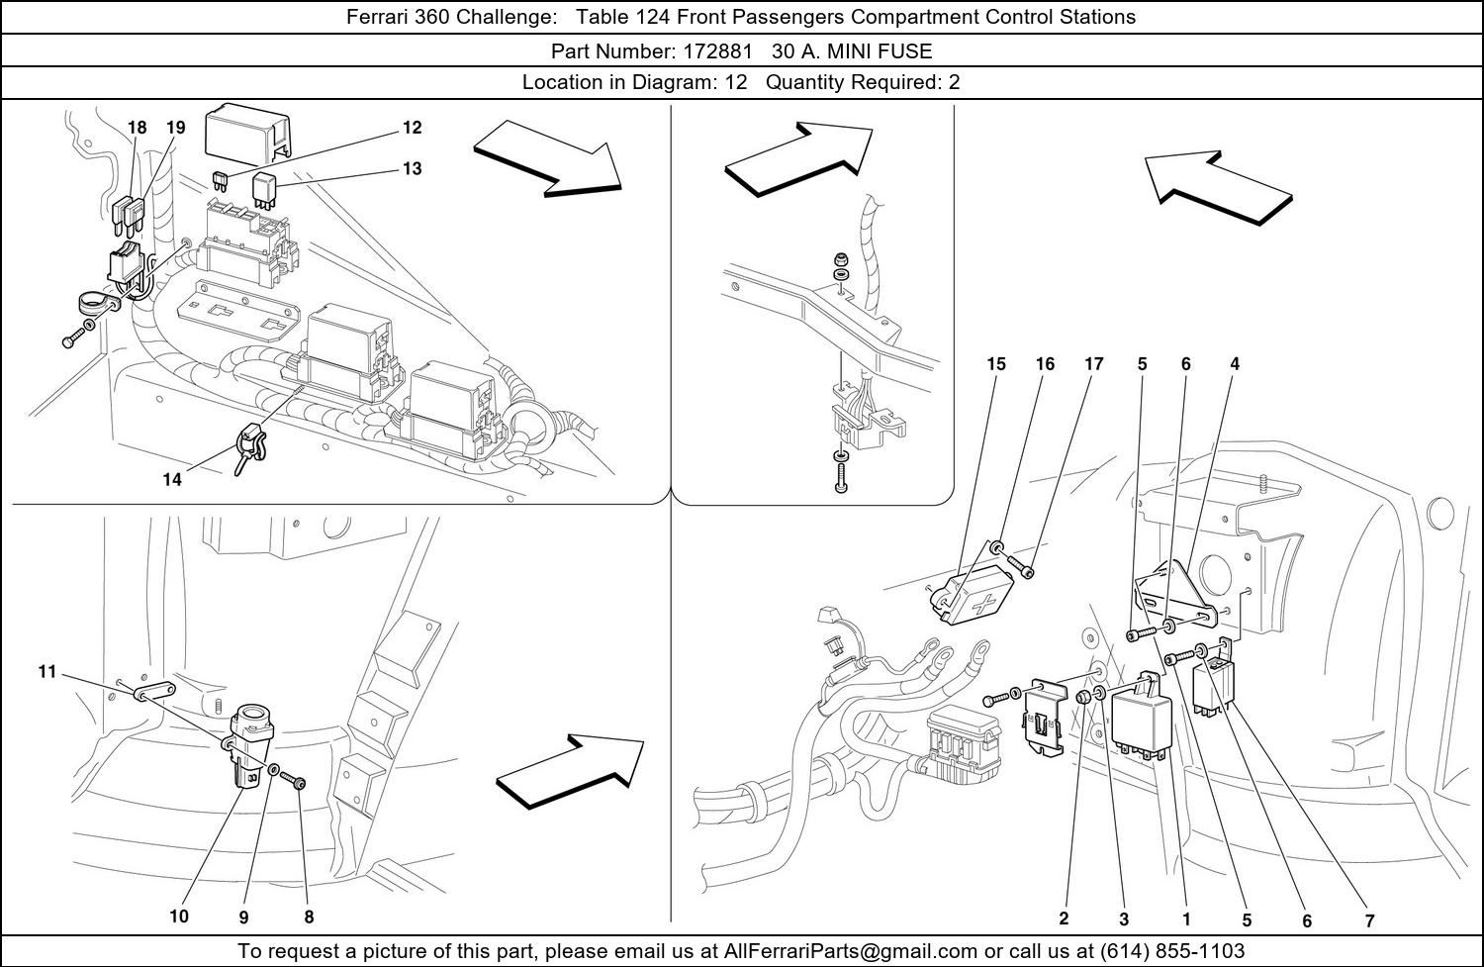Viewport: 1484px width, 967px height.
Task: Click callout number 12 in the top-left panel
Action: [x=413, y=128]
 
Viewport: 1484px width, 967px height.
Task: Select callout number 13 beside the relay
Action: [x=413, y=169]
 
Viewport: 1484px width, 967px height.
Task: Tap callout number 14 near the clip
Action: [x=172, y=479]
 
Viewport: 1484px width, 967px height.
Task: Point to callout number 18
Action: [x=138, y=128]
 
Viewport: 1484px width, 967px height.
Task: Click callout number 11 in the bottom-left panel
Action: [x=47, y=672]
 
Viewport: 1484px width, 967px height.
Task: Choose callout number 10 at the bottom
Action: [x=179, y=917]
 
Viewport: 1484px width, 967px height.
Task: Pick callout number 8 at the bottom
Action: [x=309, y=918]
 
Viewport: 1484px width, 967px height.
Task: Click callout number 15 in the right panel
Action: [x=995, y=364]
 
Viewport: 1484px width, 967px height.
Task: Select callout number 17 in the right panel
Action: [x=1094, y=364]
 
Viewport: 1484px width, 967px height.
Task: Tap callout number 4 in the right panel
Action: [x=1235, y=364]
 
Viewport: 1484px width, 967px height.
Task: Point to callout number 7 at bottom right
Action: [x=1370, y=920]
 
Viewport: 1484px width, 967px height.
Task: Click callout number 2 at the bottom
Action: [x=1064, y=919]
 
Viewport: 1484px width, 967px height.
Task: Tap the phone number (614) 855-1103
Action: [x=1172, y=951]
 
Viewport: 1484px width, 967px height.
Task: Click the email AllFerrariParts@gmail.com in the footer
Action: [x=850, y=951]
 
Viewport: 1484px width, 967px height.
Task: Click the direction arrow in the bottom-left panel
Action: [x=571, y=771]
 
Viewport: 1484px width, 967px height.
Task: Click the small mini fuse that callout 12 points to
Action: [x=221, y=182]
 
